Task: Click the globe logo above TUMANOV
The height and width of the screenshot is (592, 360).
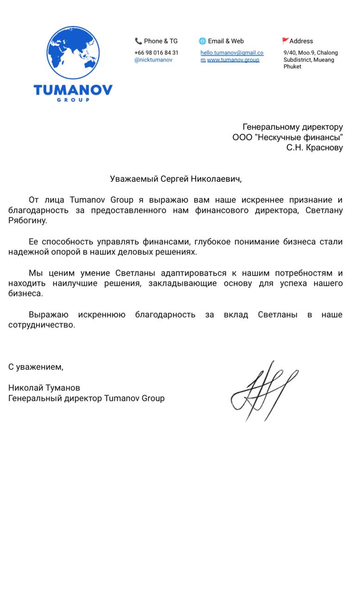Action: [73, 52]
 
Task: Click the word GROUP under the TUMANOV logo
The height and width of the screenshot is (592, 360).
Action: [73, 99]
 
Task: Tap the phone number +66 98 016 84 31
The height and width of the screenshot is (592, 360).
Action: [156, 53]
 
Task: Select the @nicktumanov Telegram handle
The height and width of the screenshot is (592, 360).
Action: [153, 60]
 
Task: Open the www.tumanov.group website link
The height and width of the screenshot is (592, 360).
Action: [233, 60]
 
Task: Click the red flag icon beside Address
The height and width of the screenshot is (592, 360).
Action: [285, 41]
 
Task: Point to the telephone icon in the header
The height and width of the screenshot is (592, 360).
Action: [138, 41]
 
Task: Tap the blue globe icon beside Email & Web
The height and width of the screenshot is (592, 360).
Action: [202, 41]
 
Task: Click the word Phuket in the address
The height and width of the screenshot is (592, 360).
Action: [292, 67]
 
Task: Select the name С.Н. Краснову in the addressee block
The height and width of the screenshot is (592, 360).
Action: [315, 148]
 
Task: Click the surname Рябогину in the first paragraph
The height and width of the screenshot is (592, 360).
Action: [27, 221]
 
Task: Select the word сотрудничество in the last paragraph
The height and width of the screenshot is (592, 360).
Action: [41, 325]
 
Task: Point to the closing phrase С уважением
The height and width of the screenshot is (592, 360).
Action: [36, 367]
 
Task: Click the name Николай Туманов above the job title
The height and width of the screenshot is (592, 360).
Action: [44, 388]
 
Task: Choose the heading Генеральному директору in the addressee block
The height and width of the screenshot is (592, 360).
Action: [292, 127]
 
